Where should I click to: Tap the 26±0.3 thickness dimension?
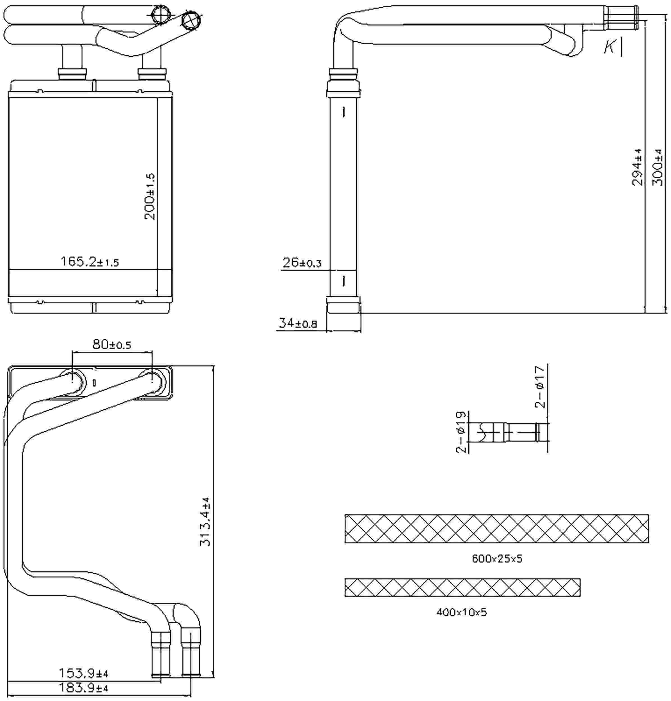[301, 263]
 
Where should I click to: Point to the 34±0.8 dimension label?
[297, 323]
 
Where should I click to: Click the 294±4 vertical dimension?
[637, 167]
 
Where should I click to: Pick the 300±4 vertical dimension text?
[658, 167]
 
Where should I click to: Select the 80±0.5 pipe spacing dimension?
[112, 344]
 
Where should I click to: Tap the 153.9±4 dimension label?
[83, 673]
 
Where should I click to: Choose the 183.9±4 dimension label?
[83, 688]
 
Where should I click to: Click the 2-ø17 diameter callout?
[540, 387]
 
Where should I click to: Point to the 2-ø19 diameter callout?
[461, 432]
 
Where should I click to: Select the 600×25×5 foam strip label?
[497, 559]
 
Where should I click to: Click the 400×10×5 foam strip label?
[461, 612]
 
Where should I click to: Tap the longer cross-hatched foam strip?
[496, 529]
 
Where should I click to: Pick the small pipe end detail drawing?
[508, 432]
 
